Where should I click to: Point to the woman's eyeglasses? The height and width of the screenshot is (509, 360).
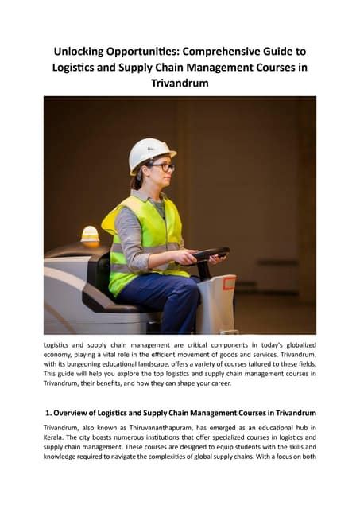[164, 167]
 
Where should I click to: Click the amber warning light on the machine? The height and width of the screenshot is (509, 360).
[90, 234]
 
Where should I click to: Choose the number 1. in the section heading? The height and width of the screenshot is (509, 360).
[51, 413]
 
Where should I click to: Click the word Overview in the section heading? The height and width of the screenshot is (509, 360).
[80, 413]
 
